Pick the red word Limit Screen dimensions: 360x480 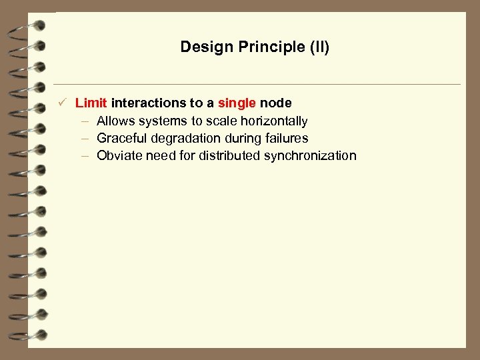91,103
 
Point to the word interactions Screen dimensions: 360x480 149,103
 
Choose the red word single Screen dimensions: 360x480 237,103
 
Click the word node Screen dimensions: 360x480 275,103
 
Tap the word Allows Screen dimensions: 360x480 116,121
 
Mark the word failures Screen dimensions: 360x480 285,139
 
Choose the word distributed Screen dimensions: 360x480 229,156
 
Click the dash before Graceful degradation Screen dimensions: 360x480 85,139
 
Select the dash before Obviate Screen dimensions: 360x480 85,156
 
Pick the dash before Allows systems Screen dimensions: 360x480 85,121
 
